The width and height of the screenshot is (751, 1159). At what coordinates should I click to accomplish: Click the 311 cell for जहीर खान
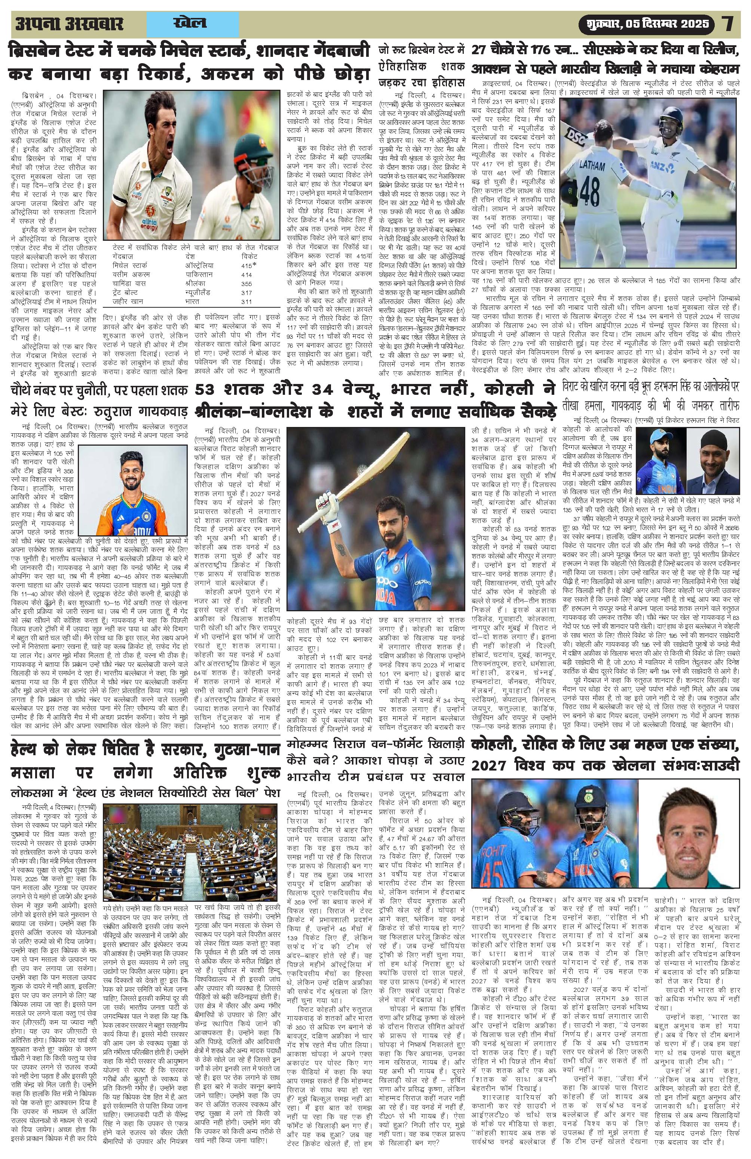pyautogui.click(x=247, y=301)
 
